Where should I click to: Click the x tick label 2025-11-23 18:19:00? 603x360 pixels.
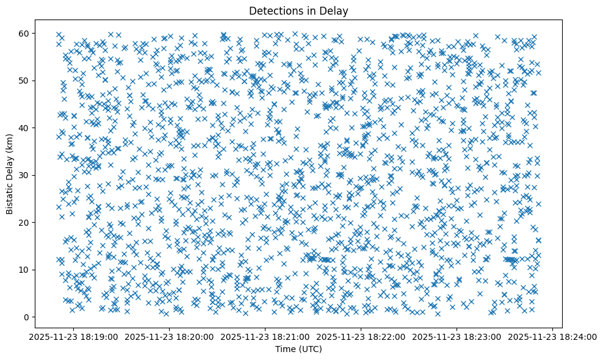point(74,336)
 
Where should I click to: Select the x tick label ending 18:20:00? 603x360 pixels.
point(170,336)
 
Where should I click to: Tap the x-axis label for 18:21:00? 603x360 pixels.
point(265,336)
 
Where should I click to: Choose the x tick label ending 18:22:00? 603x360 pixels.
point(361,336)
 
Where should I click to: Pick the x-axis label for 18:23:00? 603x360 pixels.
point(457,336)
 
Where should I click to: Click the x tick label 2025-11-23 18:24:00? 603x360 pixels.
point(552,336)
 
